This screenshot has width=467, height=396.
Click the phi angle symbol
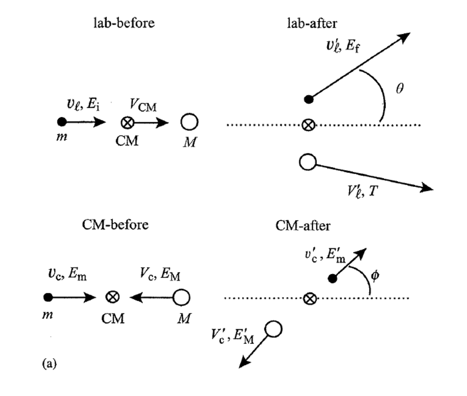coord(375,276)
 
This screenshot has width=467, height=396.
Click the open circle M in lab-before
coord(189,123)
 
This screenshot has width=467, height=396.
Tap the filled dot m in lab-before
coord(62,122)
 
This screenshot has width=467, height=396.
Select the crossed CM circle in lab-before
coord(127,123)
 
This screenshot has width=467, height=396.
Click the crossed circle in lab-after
coord(310,125)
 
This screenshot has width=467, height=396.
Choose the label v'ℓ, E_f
coord(342,45)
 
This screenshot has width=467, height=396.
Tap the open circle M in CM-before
coord(182,297)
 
